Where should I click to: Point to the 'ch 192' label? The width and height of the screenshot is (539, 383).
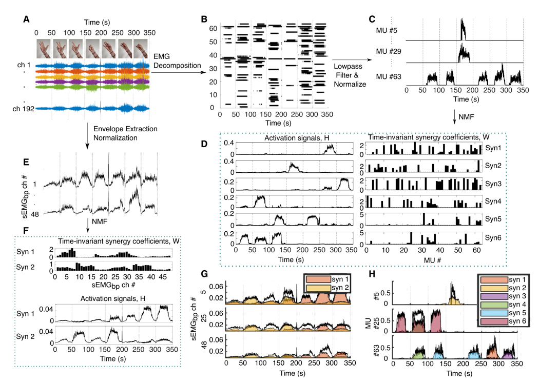coord(23,109)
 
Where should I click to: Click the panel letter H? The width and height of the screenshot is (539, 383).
coord(379,274)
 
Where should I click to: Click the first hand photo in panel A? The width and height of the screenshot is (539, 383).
coord(44,49)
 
